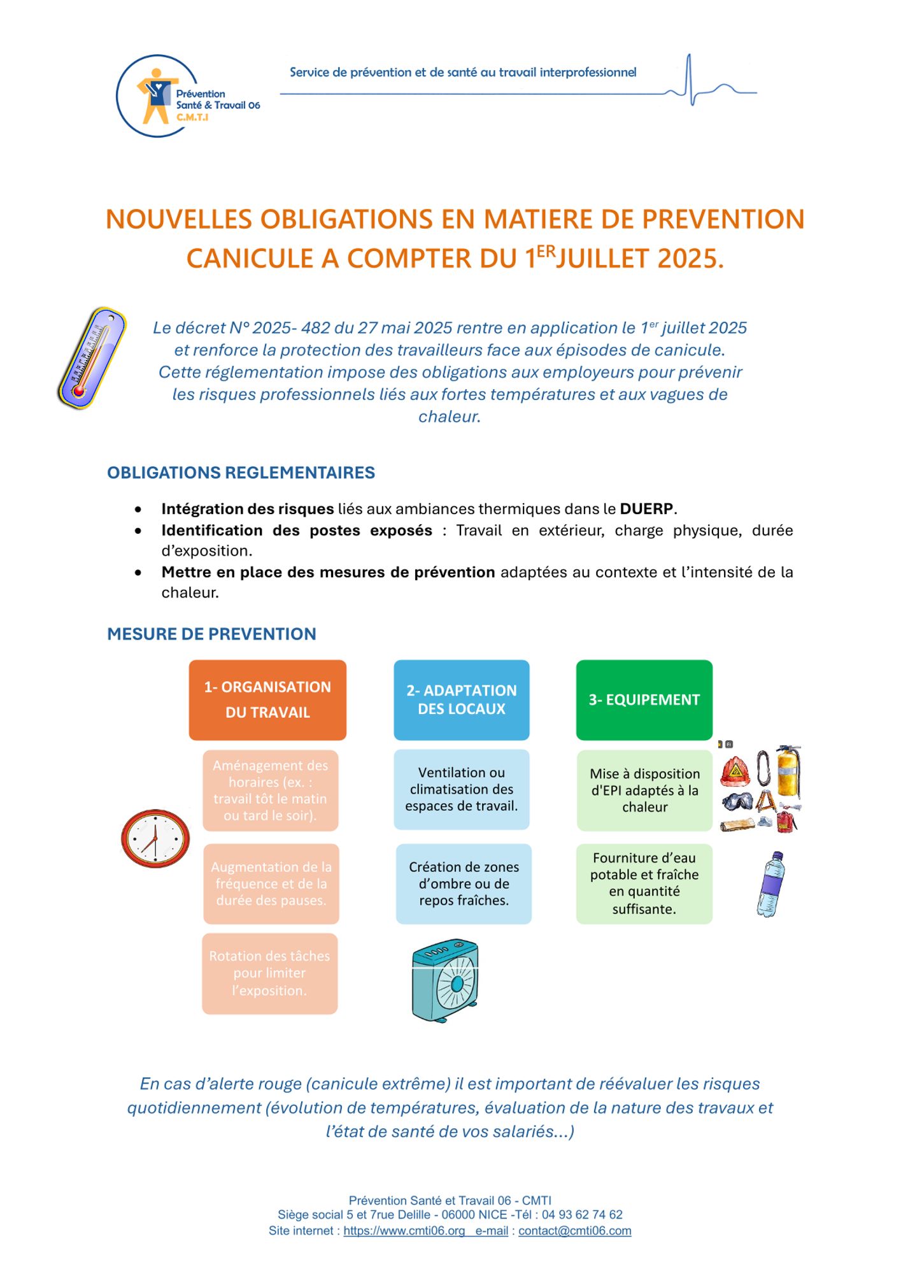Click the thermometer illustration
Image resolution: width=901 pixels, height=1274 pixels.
coord(92,357)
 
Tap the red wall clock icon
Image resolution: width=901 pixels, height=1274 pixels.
coord(155,838)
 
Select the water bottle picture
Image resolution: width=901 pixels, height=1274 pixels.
coord(770,884)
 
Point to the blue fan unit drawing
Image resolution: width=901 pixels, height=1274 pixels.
coord(445,980)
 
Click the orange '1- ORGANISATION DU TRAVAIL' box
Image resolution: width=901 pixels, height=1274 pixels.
coord(267,699)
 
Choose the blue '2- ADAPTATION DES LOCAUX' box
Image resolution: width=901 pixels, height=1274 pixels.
coord(461,699)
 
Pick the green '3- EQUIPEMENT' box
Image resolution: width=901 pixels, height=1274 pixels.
coord(644,699)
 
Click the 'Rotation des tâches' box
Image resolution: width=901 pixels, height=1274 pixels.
coord(269,973)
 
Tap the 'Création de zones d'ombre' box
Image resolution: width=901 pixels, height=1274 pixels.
coord(464,884)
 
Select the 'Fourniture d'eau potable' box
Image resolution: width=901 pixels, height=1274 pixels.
coord(644,884)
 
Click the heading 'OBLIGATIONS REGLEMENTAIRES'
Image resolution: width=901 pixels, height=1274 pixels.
coord(241,473)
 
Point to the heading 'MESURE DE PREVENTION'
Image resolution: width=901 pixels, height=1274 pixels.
coord(211,634)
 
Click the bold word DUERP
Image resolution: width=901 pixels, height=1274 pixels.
coord(646,509)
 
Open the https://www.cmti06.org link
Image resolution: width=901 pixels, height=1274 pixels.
coord(404,1231)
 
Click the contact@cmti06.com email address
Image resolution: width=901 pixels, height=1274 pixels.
coord(574,1231)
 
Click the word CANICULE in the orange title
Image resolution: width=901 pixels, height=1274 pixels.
coord(250,259)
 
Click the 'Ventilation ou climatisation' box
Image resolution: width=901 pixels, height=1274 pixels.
coord(461,789)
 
